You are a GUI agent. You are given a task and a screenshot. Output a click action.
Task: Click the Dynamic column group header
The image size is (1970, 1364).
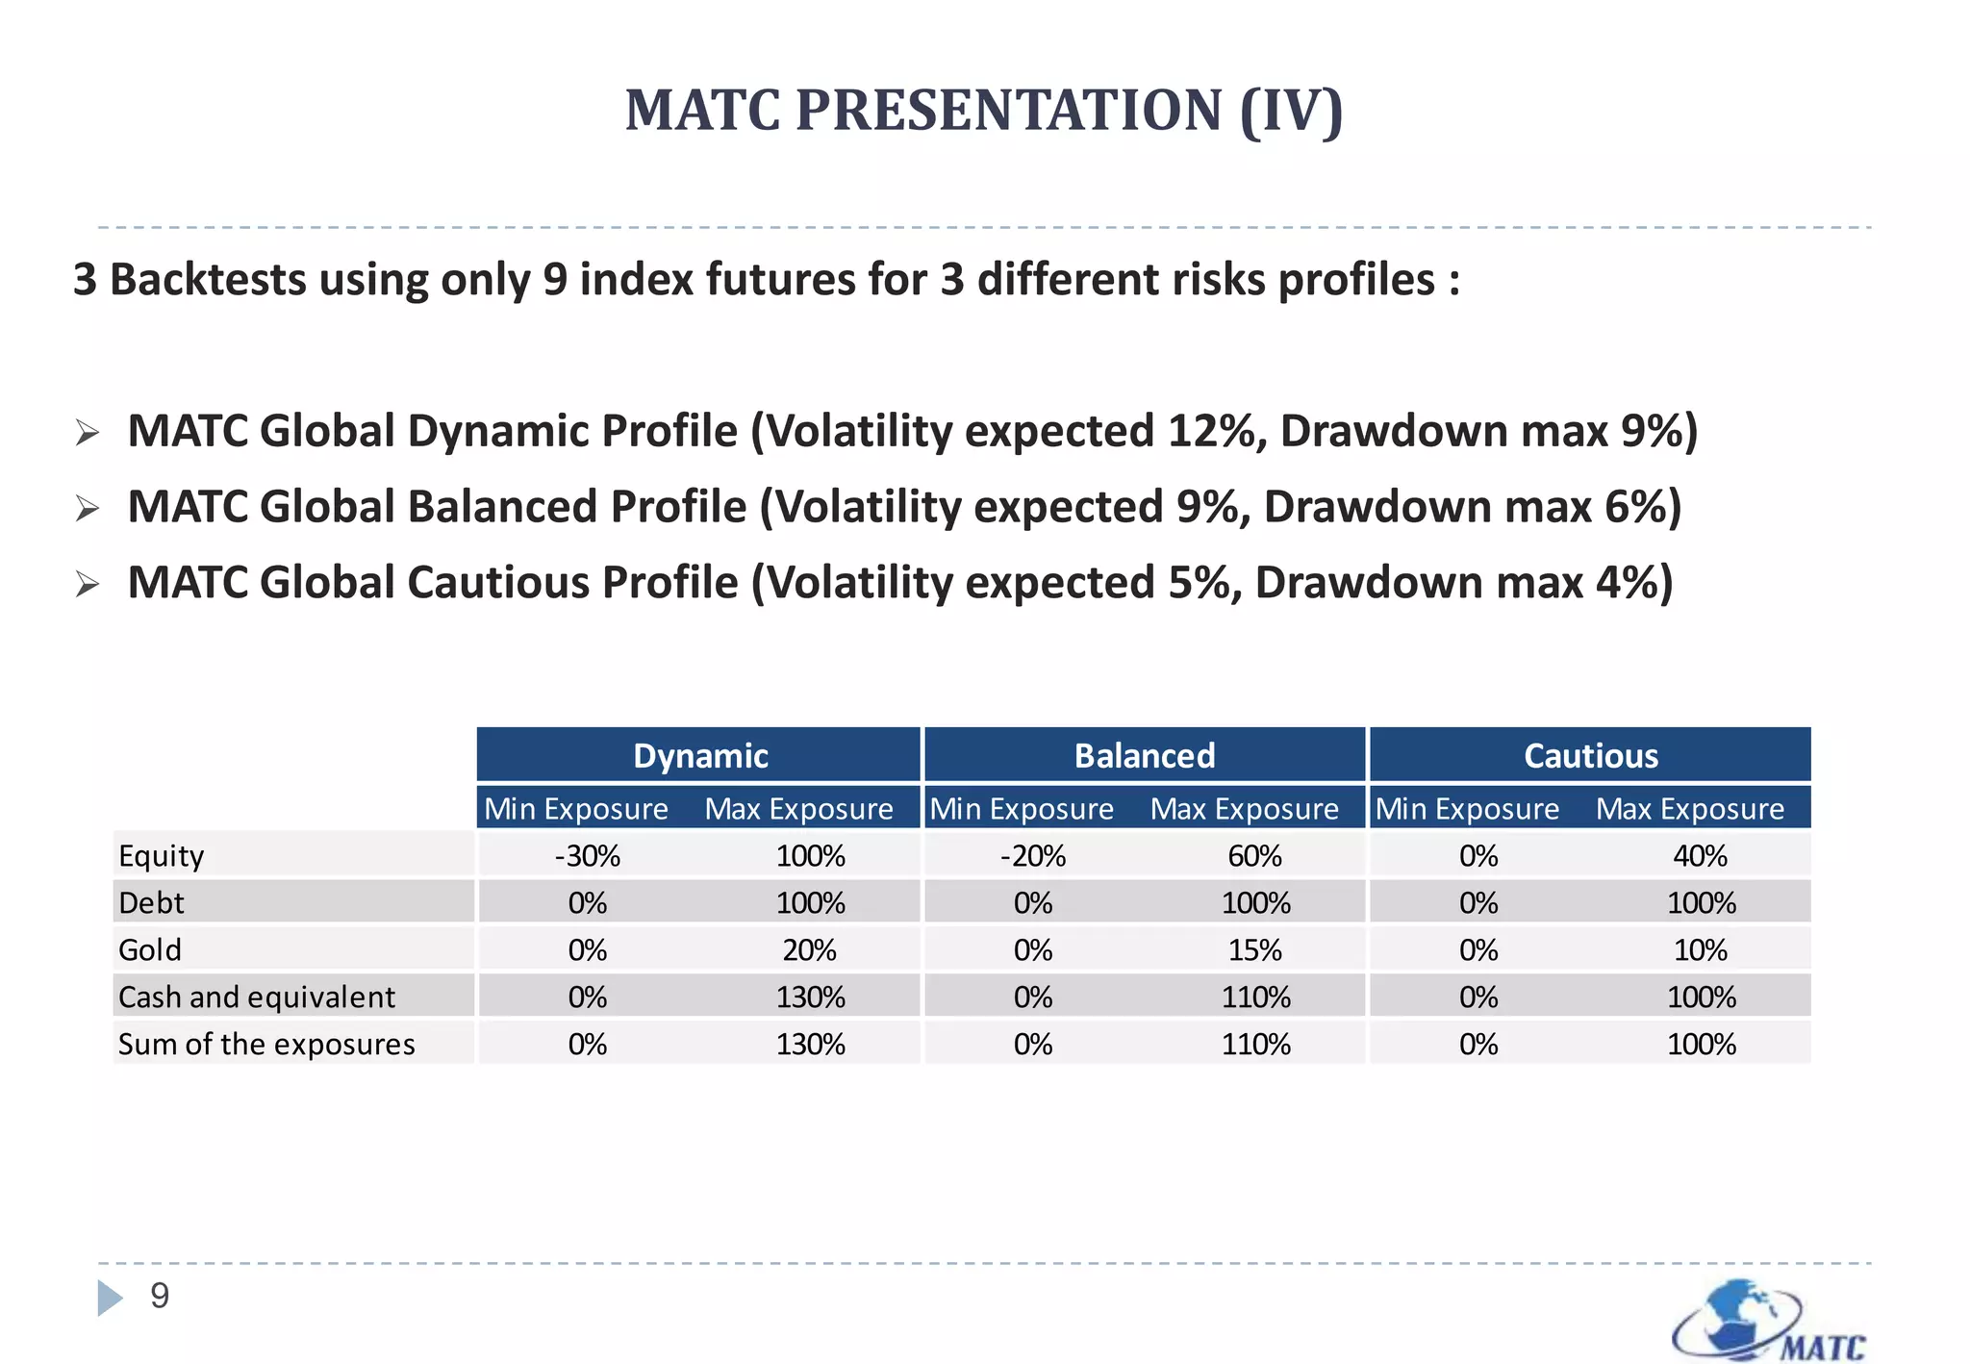[x=699, y=755]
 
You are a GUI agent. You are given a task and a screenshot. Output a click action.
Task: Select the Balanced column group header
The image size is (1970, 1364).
[x=1144, y=755]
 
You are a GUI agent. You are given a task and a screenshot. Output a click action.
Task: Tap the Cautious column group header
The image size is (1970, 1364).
[x=1590, y=755]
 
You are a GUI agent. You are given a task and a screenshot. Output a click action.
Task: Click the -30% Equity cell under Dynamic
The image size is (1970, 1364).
[x=587, y=855]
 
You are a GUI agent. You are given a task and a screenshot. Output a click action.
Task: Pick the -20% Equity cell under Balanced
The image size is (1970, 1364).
[x=1032, y=855]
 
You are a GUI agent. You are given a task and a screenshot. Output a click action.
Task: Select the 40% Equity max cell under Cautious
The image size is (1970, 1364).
[x=1700, y=855]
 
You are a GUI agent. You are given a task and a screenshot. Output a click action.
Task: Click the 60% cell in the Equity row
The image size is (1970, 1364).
[x=1254, y=855]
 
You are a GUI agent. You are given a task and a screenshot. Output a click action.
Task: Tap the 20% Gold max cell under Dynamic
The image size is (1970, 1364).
[x=809, y=949]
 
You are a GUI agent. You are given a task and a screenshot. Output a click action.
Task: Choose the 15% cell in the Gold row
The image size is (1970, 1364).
[x=1254, y=949]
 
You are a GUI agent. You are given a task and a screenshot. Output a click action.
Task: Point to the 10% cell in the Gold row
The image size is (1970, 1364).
[x=1700, y=949]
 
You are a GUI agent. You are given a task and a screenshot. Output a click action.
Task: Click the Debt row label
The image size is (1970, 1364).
[x=151, y=902]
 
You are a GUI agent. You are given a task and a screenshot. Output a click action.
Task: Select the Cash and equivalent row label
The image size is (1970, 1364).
[x=256, y=997]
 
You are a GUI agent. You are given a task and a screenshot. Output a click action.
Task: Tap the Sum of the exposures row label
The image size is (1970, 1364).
[x=266, y=1044]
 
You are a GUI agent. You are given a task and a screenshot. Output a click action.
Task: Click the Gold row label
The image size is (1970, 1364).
[x=149, y=949]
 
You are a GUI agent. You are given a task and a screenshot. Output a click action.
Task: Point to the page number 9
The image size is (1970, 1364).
[x=160, y=1296]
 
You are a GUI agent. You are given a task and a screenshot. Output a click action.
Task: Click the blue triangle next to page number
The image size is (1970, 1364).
[x=110, y=1297]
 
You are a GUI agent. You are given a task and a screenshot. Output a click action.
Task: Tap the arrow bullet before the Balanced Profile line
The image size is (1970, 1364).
[x=88, y=508]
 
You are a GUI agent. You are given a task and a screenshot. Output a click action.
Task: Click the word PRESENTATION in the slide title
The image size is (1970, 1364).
[x=1009, y=110]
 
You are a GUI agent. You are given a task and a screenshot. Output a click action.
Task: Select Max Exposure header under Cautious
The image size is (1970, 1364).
[x=1689, y=809]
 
